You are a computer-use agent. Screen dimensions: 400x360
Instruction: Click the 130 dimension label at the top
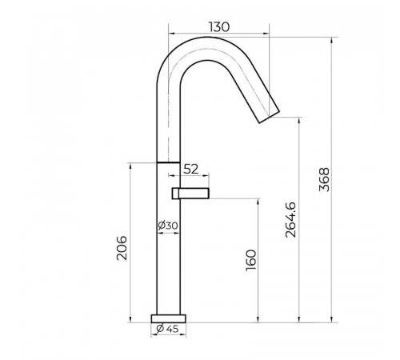pyautogui.click(x=218, y=27)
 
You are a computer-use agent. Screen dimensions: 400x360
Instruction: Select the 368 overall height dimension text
pyautogui.click(x=324, y=179)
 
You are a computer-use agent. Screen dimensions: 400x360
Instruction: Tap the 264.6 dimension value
pyautogui.click(x=290, y=220)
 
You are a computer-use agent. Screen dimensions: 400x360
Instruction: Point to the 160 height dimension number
pyautogui.click(x=251, y=260)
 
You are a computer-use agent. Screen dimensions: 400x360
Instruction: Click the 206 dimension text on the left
pyautogui.click(x=122, y=248)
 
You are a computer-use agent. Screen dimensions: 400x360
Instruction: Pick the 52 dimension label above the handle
pyautogui.click(x=191, y=169)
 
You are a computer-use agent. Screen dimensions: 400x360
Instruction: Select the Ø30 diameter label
pyautogui.click(x=168, y=226)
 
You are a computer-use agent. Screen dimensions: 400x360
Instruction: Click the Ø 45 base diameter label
pyautogui.click(x=167, y=329)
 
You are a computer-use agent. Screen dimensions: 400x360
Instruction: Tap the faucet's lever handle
pyautogui.click(x=190, y=194)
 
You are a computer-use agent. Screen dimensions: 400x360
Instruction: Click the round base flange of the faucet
pyautogui.click(x=168, y=318)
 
